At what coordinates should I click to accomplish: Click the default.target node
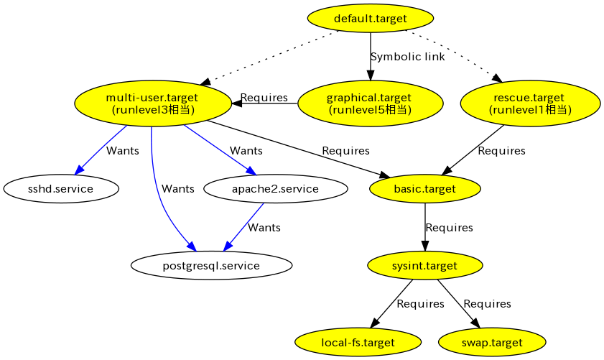click(370, 18)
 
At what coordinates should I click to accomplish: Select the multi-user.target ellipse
click(152, 103)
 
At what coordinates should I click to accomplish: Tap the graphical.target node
click(369, 103)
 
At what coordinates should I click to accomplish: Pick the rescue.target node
click(530, 103)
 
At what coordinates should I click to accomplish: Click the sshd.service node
click(60, 189)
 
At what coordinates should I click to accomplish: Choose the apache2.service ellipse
click(276, 189)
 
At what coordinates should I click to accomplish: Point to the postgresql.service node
click(211, 266)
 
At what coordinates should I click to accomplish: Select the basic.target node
click(424, 189)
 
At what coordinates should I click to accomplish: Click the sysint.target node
click(424, 266)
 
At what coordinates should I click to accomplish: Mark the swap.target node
click(492, 343)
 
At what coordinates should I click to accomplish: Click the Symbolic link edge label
click(407, 57)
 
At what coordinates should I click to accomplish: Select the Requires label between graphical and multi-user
click(264, 98)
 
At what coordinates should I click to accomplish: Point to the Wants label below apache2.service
click(264, 228)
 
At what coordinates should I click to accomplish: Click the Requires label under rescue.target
click(501, 151)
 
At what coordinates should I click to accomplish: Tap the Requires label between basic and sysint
click(449, 228)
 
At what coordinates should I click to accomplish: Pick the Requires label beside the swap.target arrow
click(487, 304)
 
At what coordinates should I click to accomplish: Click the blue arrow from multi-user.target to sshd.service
click(101, 149)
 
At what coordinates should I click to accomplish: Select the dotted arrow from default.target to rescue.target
click(452, 52)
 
